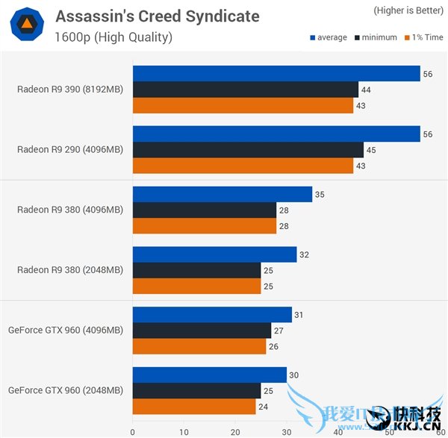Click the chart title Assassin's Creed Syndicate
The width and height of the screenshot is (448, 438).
point(158,16)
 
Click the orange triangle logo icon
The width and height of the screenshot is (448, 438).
point(26,24)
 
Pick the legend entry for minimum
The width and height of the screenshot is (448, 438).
point(377,37)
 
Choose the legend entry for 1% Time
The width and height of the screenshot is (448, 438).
point(423,37)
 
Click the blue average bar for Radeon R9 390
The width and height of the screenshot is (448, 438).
point(276,73)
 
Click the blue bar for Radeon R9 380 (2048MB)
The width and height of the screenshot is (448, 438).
point(214,254)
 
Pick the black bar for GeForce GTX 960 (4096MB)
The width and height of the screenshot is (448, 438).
point(202,331)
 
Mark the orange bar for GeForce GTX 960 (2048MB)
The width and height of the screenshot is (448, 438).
point(194,407)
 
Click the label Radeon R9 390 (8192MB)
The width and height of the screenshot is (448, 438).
point(70,90)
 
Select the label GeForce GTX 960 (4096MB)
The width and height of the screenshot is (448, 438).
point(66,330)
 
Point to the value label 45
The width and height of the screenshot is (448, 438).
point(371,149)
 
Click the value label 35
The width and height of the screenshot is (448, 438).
point(320,194)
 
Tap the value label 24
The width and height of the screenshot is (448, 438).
point(263,407)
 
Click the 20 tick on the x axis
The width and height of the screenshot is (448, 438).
point(235,431)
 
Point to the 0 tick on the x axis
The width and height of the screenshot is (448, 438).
point(133,431)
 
